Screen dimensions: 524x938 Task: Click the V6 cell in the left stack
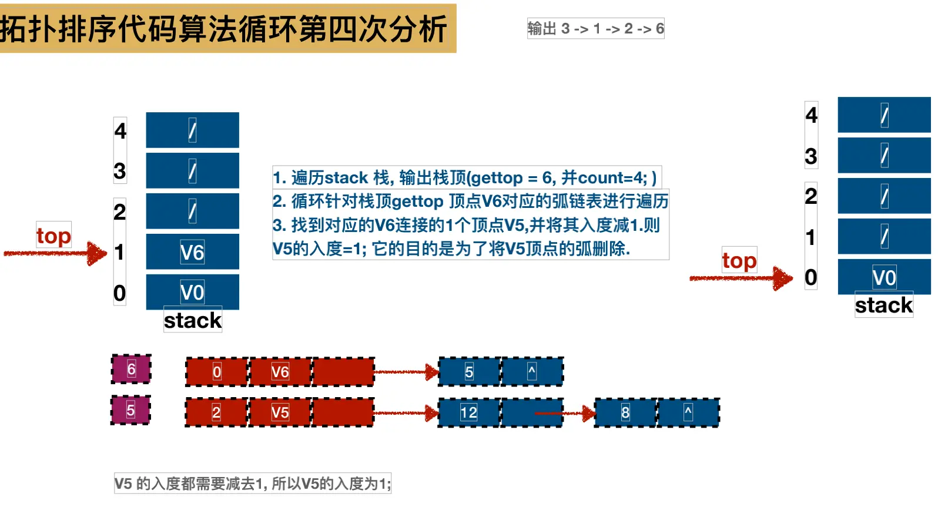pos(192,252)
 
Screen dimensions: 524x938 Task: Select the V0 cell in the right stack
pos(884,277)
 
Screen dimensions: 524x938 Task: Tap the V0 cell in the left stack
pos(192,292)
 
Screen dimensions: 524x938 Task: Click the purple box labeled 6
pos(131,369)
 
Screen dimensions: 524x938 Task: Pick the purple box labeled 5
pos(130,410)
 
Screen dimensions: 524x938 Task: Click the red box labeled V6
pos(280,372)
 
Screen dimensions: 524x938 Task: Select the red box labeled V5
pos(280,412)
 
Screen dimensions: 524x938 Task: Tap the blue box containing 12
pos(468,412)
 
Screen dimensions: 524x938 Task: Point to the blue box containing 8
pos(625,412)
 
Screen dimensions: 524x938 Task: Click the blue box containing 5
pos(469,372)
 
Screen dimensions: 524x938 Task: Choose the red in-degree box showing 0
pos(217,372)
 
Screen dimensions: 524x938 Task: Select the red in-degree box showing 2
pos(216,412)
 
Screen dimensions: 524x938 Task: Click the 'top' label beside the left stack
pos(53,236)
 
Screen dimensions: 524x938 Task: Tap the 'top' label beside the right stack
pos(739,261)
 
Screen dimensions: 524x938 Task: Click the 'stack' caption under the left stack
pos(193,320)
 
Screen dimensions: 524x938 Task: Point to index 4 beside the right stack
pos(811,115)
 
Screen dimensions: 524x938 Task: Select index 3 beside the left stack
pos(120,171)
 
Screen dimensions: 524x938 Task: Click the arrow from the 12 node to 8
pos(564,413)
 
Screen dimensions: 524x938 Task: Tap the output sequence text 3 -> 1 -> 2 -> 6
pos(595,29)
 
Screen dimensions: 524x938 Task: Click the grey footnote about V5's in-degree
pos(253,483)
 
